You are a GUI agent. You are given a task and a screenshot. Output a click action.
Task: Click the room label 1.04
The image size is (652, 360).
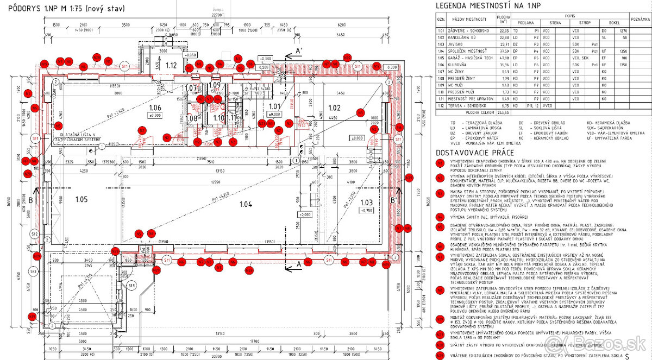(x=245, y=204)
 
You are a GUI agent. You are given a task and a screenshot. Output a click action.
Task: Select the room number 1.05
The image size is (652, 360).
(x=81, y=199)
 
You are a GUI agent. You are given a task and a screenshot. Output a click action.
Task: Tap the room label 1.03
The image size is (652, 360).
(x=367, y=203)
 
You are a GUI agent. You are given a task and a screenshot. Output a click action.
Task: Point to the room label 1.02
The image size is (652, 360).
(x=334, y=108)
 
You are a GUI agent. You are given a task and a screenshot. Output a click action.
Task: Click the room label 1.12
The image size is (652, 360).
(x=171, y=65)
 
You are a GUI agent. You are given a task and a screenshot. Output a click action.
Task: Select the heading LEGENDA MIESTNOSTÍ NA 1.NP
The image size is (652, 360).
(x=488, y=5)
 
